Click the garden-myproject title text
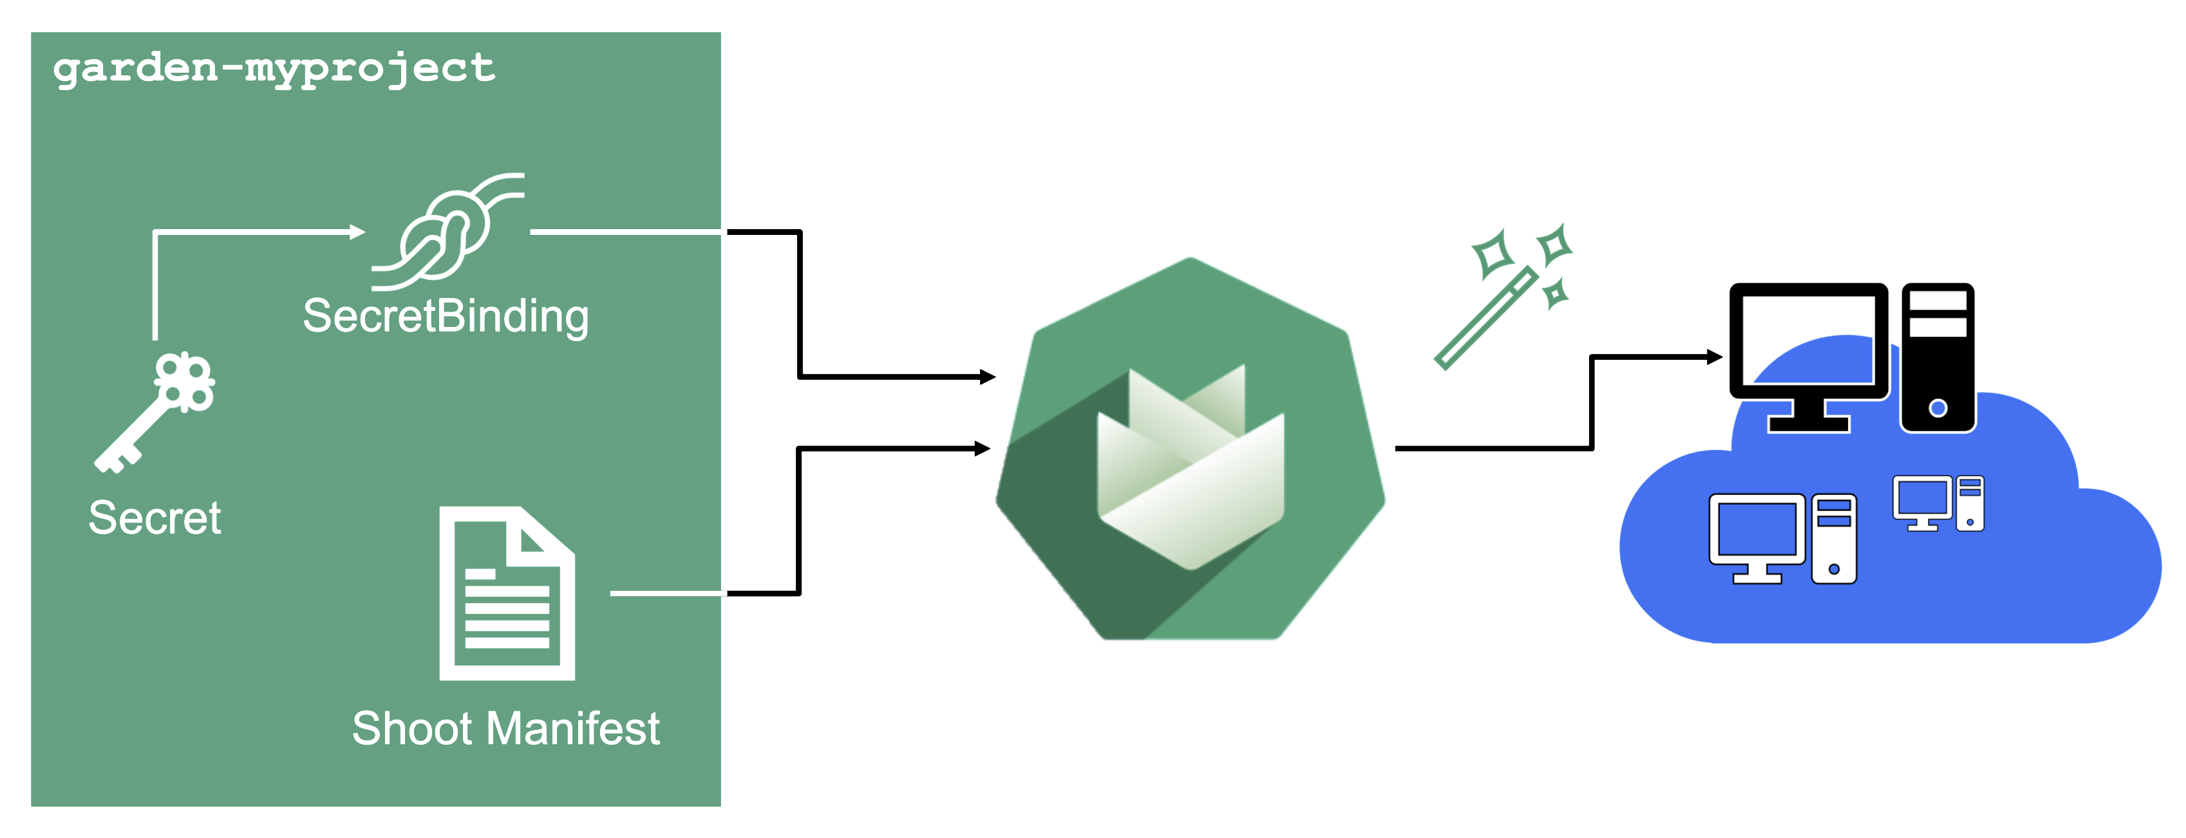[x=274, y=68]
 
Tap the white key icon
[x=155, y=412]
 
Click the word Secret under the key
[x=155, y=517]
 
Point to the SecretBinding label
[x=446, y=317]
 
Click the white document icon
[x=507, y=593]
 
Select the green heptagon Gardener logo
[x=1190, y=449]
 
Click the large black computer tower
[x=1938, y=358]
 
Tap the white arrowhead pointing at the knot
[x=357, y=232]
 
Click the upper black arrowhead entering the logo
[x=988, y=377]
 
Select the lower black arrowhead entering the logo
[x=983, y=449]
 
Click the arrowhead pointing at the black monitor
[x=1715, y=357]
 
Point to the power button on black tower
[x=1938, y=409]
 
